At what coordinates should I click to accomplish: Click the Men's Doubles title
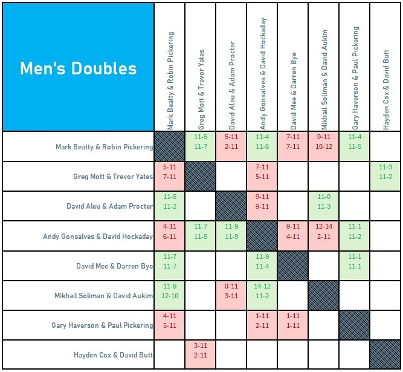point(78,68)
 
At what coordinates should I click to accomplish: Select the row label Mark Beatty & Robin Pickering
point(105,146)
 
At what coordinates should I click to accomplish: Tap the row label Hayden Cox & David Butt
point(114,355)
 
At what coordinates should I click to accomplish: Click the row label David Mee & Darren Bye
point(115,266)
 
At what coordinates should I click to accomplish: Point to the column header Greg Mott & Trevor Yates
point(201,90)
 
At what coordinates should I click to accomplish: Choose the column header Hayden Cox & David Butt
point(385,90)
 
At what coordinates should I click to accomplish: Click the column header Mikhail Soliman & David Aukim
point(324,79)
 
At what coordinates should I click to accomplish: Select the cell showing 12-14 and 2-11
point(324,236)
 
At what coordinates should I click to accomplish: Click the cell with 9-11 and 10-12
point(324,146)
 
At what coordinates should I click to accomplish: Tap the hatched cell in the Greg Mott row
point(201,176)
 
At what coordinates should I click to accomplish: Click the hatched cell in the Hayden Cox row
point(385,355)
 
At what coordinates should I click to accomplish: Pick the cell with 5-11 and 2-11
point(231,146)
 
